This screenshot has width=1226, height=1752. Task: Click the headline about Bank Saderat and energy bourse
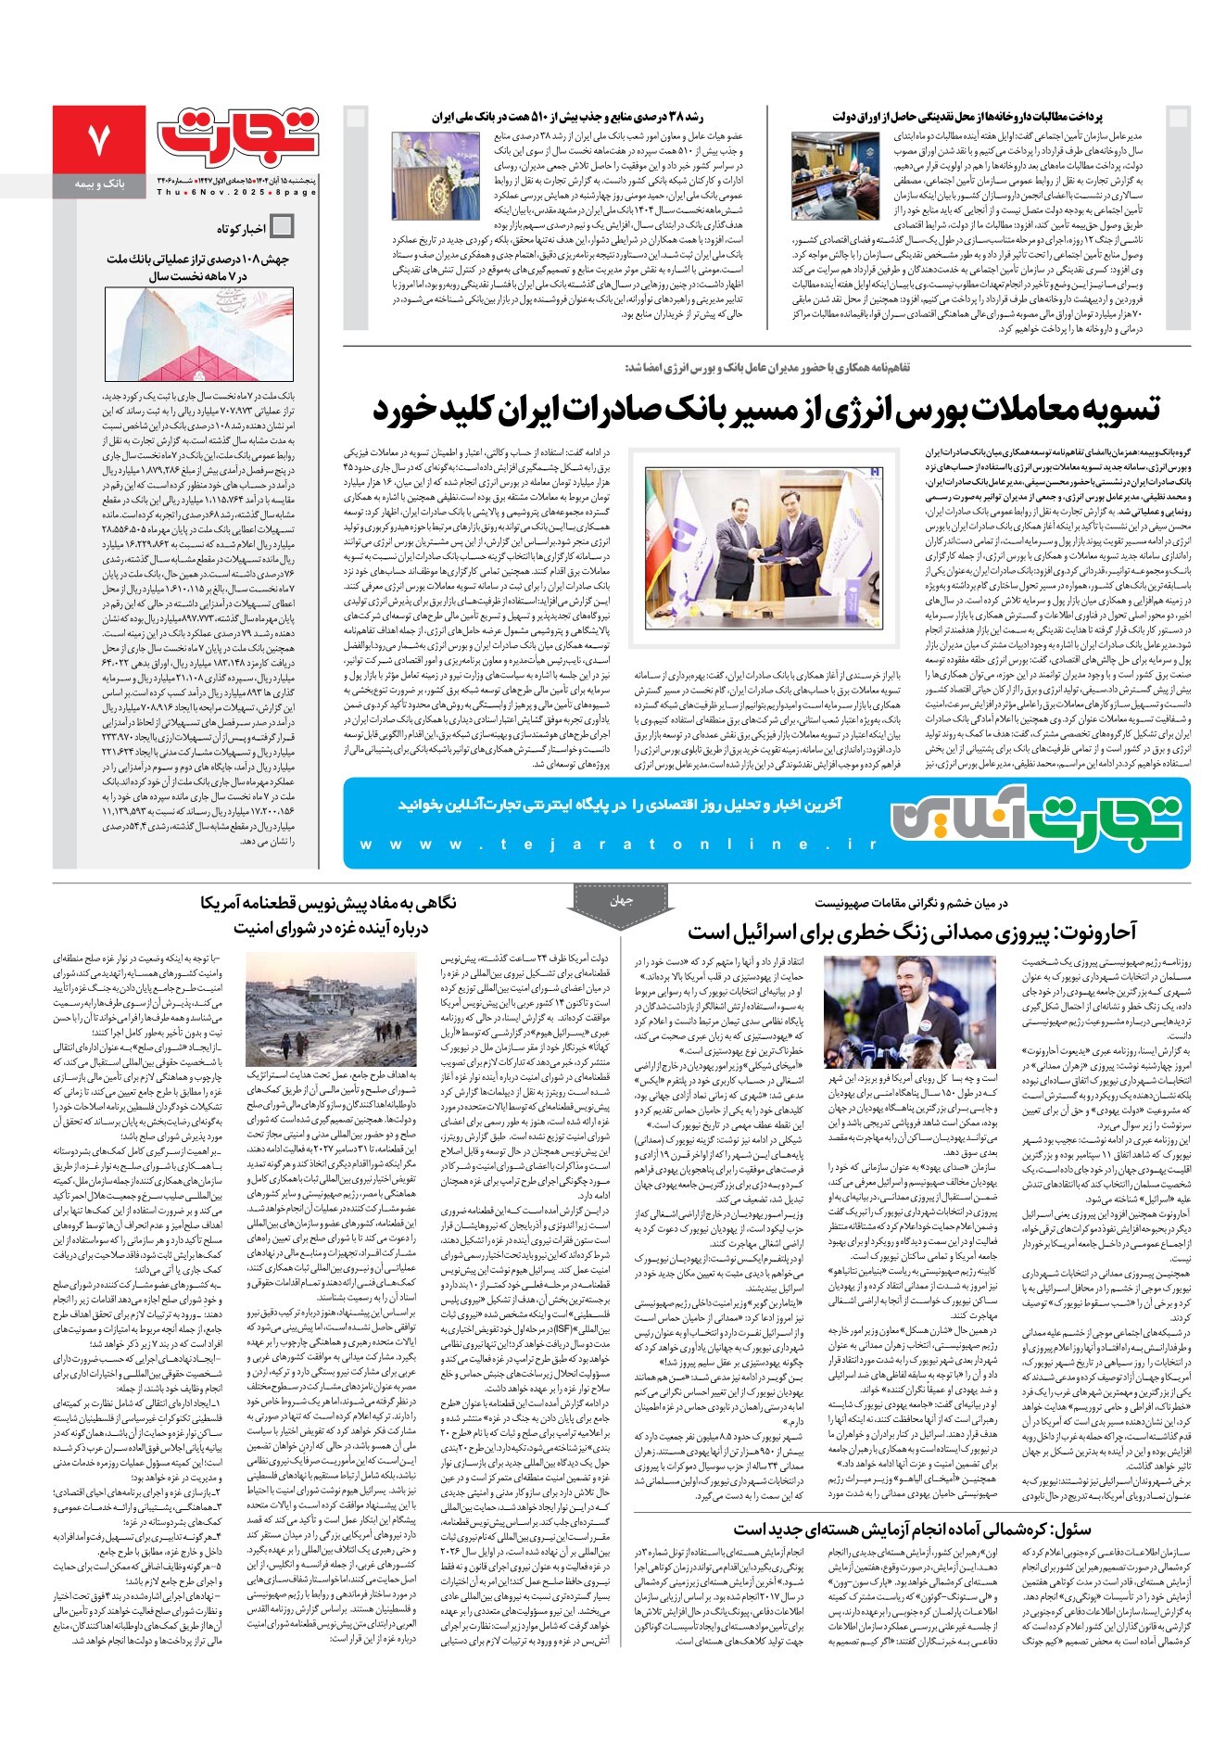click(x=766, y=409)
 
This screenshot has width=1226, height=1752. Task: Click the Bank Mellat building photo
click(x=198, y=335)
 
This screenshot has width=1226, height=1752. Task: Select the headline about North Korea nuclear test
click(x=912, y=1530)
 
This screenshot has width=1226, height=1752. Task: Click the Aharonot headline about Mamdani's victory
click(x=912, y=932)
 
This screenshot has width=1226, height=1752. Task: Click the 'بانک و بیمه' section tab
click(x=99, y=185)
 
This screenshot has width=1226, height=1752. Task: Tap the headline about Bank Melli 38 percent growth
click(x=567, y=117)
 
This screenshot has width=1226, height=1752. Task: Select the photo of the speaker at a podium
click(x=436, y=175)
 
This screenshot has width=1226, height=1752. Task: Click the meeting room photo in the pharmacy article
click(x=835, y=175)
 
